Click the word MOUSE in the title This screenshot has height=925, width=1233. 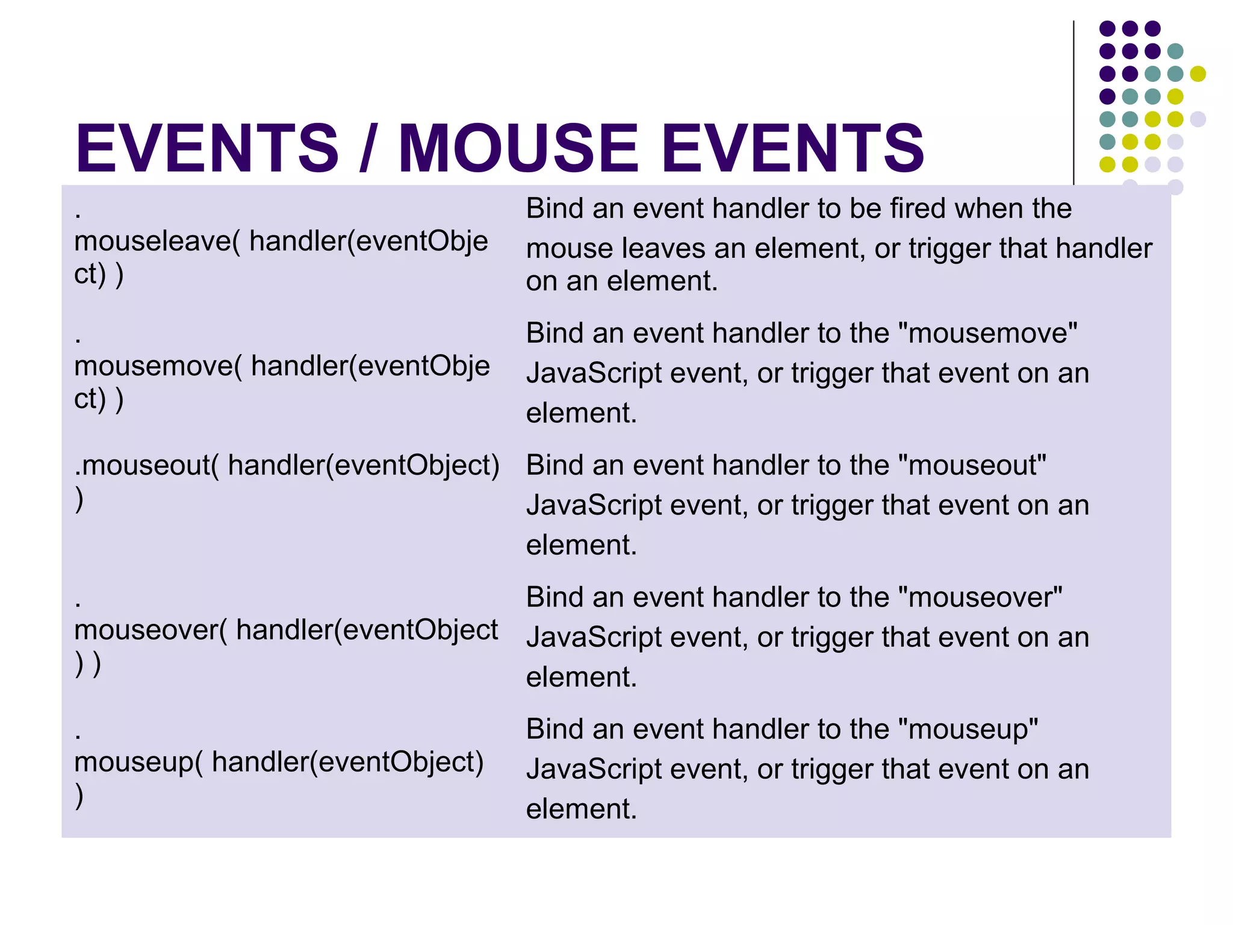click(518, 148)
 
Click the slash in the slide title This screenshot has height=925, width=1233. click(368, 148)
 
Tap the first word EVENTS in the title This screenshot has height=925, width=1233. click(207, 148)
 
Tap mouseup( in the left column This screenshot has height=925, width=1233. click(138, 762)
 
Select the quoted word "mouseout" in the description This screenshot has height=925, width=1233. click(972, 466)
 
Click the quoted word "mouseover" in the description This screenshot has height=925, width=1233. click(980, 597)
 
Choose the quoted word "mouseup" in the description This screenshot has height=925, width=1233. click(967, 729)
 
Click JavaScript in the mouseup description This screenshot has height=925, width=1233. click(594, 770)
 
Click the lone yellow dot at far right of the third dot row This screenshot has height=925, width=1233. click(1197, 73)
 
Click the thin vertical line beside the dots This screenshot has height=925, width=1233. click(1073, 102)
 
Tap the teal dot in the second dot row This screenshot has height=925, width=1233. click(1175, 51)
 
